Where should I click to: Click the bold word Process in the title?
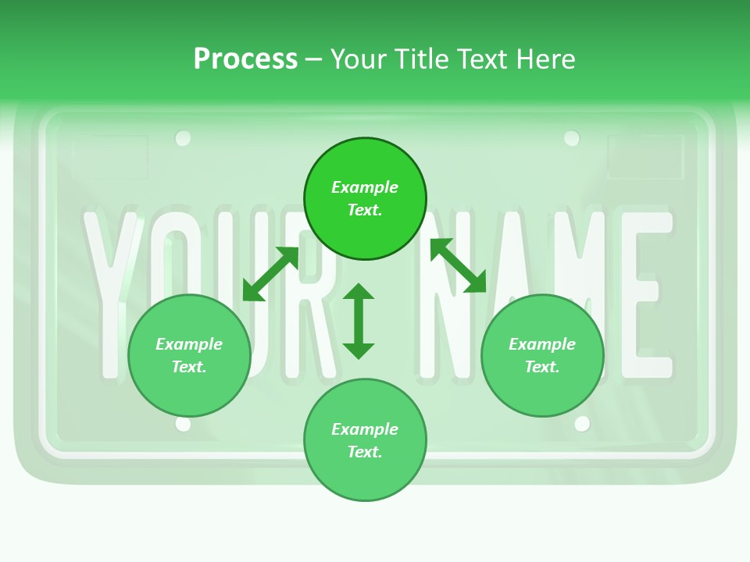click(245, 59)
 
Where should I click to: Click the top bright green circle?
click(365, 198)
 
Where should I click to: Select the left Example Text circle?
click(189, 355)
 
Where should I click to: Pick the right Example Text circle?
click(542, 355)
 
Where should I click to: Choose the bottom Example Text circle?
click(365, 440)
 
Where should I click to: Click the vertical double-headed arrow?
click(359, 321)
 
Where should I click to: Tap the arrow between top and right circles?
click(459, 265)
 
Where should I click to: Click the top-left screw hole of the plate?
click(183, 139)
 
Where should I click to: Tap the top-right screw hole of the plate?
click(572, 139)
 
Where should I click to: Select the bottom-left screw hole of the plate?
click(183, 424)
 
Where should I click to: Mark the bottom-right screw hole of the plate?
click(582, 424)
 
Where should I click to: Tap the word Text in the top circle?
click(365, 210)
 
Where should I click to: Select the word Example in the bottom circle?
click(365, 429)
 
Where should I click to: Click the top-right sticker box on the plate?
click(645, 157)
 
